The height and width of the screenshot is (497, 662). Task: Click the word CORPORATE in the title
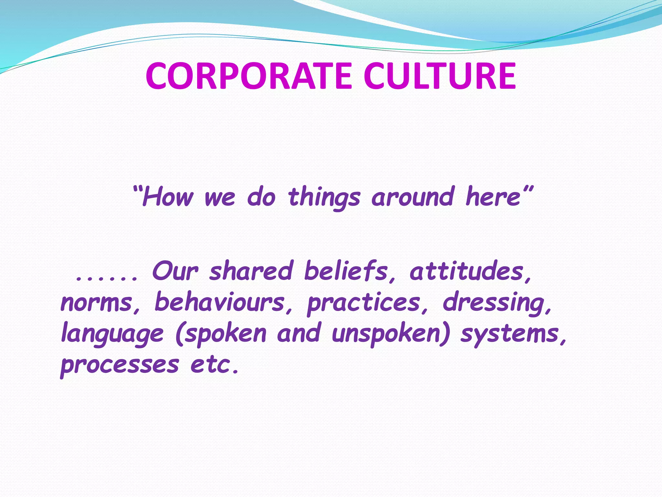(248, 76)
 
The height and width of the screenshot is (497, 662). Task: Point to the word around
(413, 197)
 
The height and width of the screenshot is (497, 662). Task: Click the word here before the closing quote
(493, 197)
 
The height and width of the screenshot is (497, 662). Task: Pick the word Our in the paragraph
(175, 271)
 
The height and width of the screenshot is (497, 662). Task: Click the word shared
(251, 271)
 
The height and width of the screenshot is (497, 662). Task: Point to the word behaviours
(219, 302)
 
